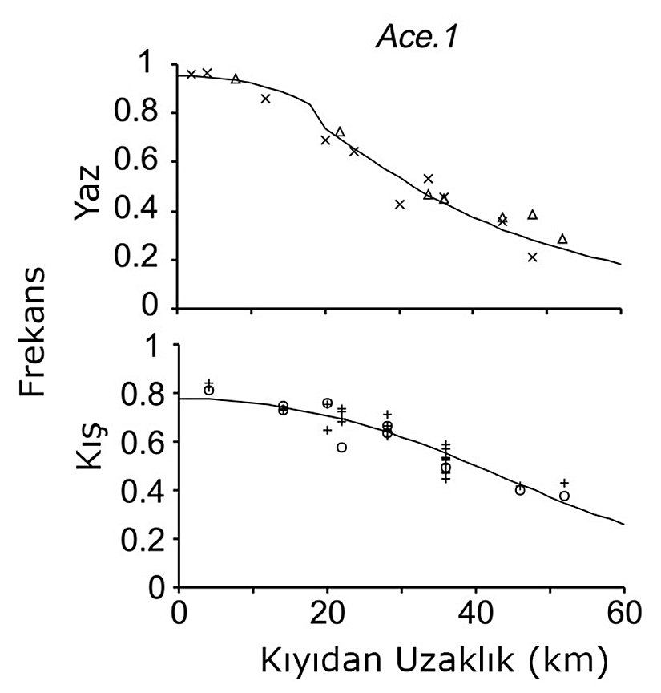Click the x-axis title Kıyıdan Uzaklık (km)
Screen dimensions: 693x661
pyautogui.click(x=427, y=663)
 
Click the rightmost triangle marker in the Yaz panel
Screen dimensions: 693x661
pyautogui.click(x=562, y=239)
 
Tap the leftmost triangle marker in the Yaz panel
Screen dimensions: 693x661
pyautogui.click(x=236, y=79)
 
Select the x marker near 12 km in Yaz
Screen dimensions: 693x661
pyautogui.click(x=266, y=99)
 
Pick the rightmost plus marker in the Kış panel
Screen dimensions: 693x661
pyautogui.click(x=564, y=483)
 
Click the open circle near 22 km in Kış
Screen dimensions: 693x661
pyautogui.click(x=342, y=448)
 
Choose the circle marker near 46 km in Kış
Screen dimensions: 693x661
pyautogui.click(x=520, y=490)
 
